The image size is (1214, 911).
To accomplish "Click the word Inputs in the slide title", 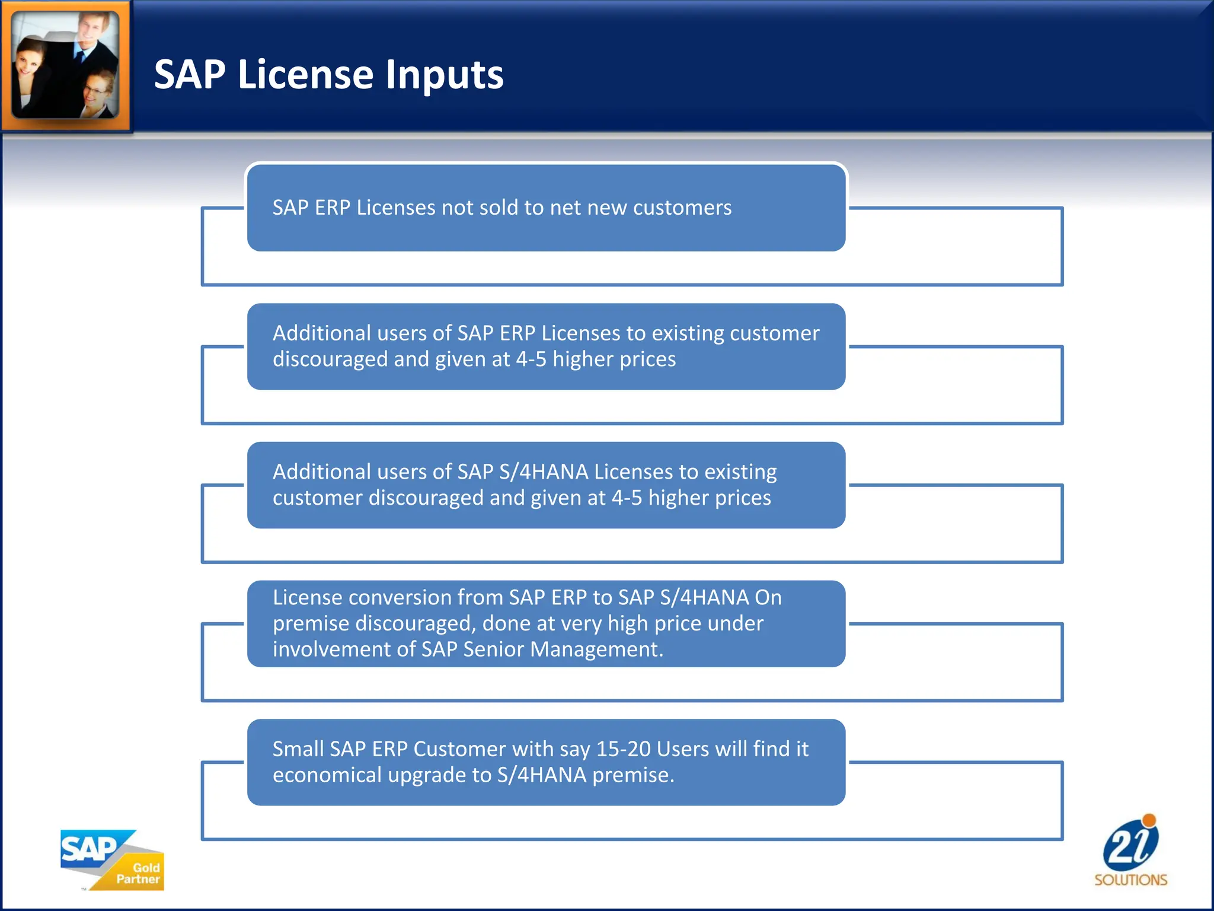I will [445, 75].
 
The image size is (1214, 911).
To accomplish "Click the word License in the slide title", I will [305, 75].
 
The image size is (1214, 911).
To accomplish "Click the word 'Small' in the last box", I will [298, 749].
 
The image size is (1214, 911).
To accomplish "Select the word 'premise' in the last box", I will [632, 775].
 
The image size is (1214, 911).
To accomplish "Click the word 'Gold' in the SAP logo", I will [146, 868].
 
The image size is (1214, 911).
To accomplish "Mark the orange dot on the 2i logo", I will [1149, 821].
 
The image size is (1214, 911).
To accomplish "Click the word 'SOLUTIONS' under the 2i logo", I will [1130, 880].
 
